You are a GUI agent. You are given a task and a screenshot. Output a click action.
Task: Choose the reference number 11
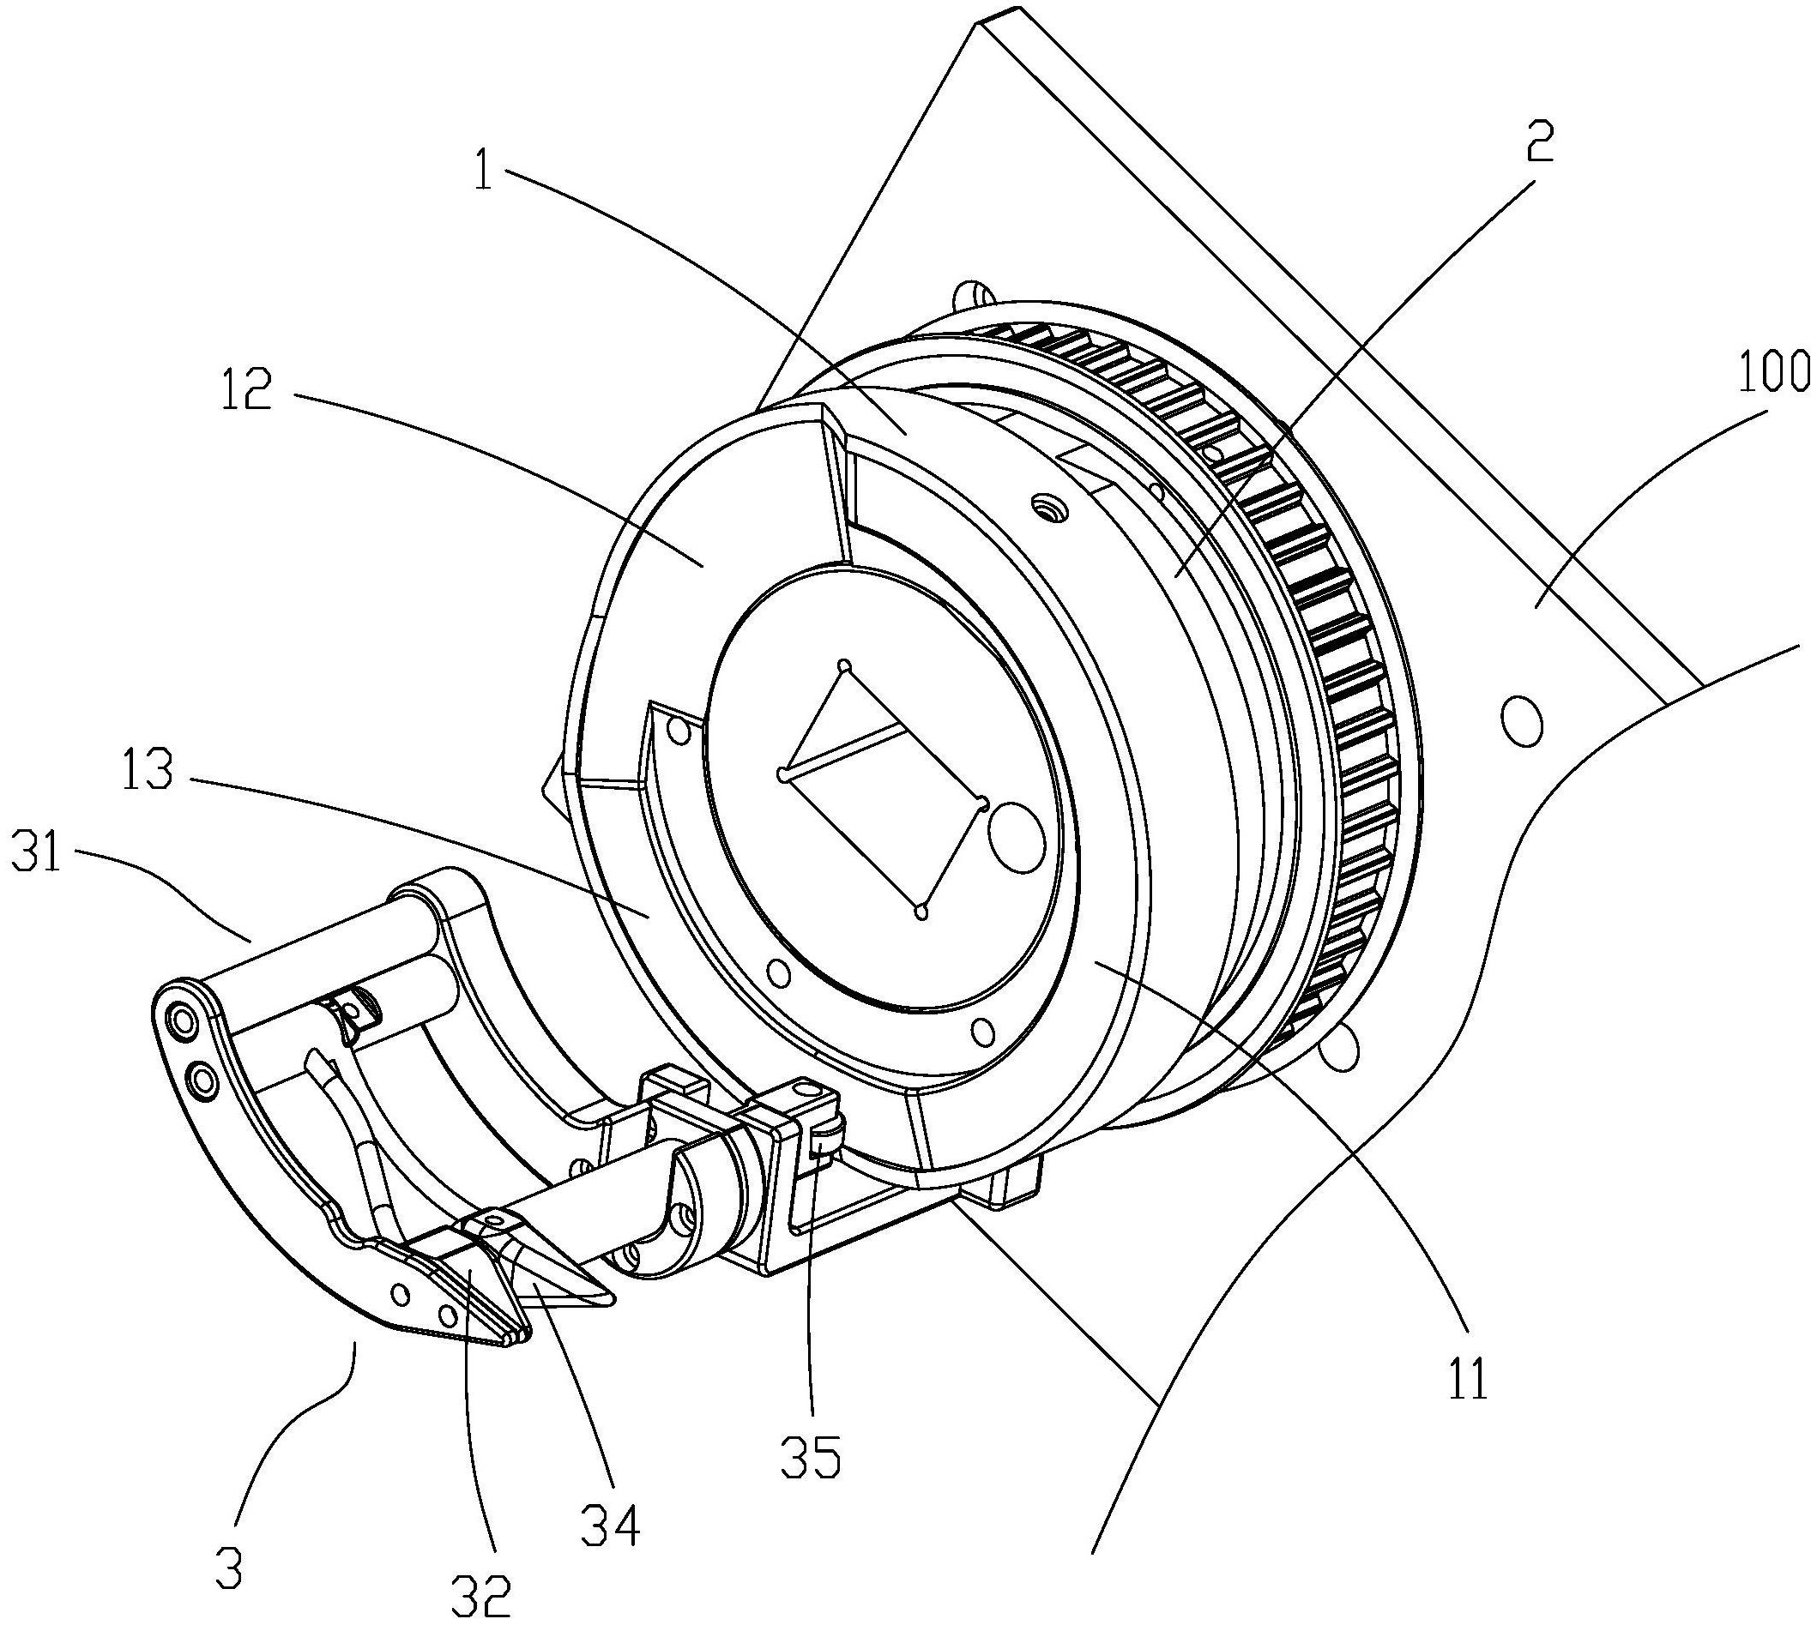tap(1468, 1378)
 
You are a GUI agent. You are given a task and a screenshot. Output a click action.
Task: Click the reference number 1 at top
tap(483, 172)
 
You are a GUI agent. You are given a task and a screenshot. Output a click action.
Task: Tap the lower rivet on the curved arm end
tap(204, 1081)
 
